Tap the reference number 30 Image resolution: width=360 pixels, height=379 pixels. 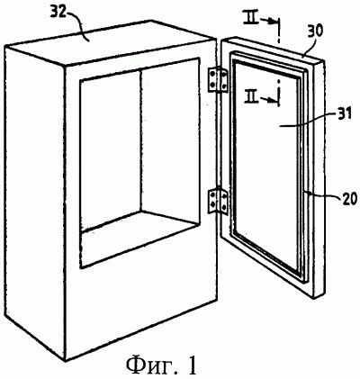click(315, 31)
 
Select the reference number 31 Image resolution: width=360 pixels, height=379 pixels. click(343, 115)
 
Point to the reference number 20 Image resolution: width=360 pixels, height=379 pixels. click(348, 198)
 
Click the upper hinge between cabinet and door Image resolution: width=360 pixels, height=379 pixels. click(218, 79)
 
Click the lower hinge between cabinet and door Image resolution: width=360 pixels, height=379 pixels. click(218, 200)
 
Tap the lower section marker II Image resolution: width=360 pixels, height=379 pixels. click(251, 97)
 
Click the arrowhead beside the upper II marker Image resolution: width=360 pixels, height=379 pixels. click(273, 21)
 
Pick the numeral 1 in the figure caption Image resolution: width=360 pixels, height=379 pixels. click(192, 363)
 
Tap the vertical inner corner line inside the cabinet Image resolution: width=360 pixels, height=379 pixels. click(139, 140)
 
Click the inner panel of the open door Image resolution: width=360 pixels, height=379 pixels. click(267, 165)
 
